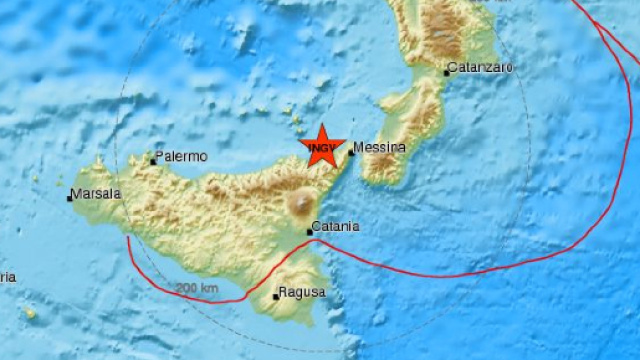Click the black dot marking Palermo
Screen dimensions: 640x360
pos(154,160)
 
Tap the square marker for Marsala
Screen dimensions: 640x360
pos(70,198)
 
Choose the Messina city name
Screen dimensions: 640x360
pos(381,147)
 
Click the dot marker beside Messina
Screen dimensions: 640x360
pos(352,153)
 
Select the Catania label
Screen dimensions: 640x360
pos(335,227)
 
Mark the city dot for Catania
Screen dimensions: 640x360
pos(309,232)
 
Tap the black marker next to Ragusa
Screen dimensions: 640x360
pos(276,296)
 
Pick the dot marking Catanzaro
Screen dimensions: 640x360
pos(447,72)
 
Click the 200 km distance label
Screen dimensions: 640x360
pos(197,289)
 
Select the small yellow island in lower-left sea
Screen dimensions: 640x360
pos(30,314)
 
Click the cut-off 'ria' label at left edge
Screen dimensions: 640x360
pos(7,277)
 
